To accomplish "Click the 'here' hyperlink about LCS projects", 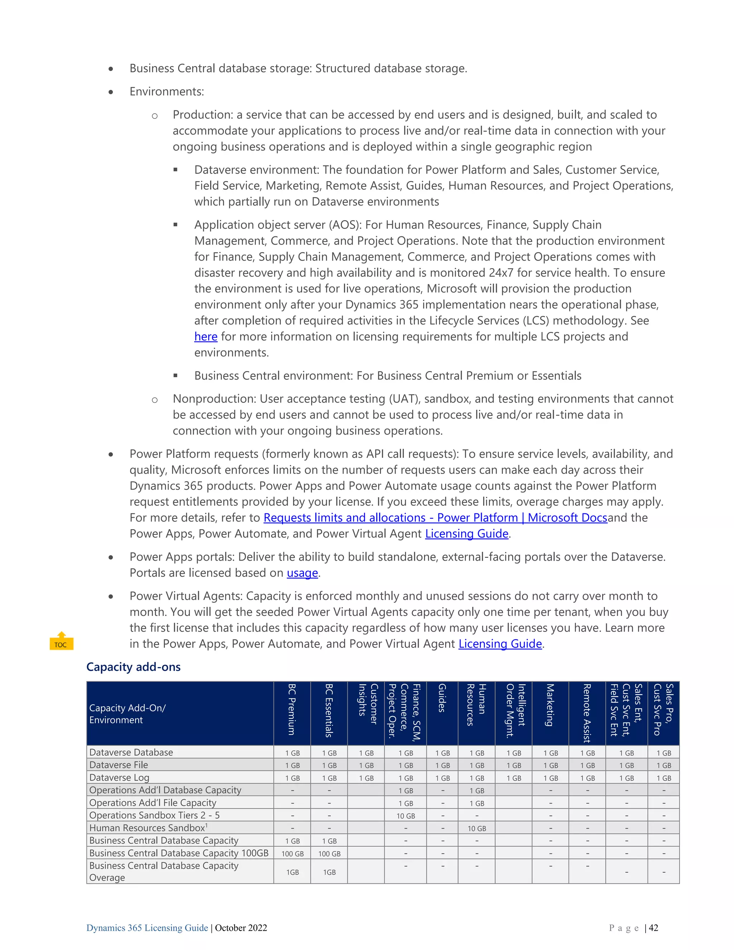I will point(206,337).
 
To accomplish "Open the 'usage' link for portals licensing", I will point(302,573).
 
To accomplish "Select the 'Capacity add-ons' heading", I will point(133,667).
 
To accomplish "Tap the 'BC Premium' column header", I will point(292,713).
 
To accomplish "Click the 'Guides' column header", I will point(442,713).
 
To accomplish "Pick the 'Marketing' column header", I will point(550,713).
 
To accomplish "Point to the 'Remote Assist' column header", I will point(587,713).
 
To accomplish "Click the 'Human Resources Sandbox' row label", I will point(148,828).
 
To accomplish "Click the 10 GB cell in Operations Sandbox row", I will point(405,816).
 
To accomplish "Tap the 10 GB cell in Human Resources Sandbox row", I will point(477,828).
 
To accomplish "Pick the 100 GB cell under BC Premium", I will point(292,854).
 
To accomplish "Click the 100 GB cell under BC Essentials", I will point(329,854).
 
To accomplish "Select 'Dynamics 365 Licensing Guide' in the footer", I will point(147,928).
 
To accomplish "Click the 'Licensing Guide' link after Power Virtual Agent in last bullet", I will point(500,644).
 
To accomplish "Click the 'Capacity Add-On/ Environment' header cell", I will point(127,714).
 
